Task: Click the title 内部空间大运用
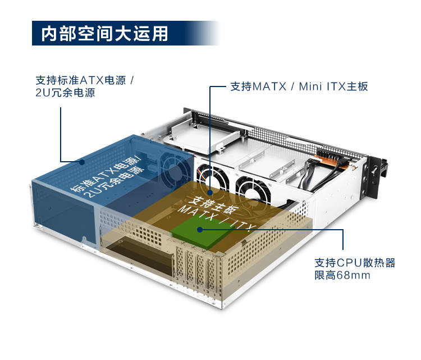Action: click(105, 33)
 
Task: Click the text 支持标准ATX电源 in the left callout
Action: click(81, 79)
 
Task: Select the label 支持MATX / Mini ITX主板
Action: click(299, 86)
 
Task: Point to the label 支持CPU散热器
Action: click(355, 262)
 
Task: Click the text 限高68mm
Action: click(342, 276)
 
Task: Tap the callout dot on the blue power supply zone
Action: click(83, 162)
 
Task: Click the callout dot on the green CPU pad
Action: click(199, 229)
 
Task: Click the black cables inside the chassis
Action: click(312, 174)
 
